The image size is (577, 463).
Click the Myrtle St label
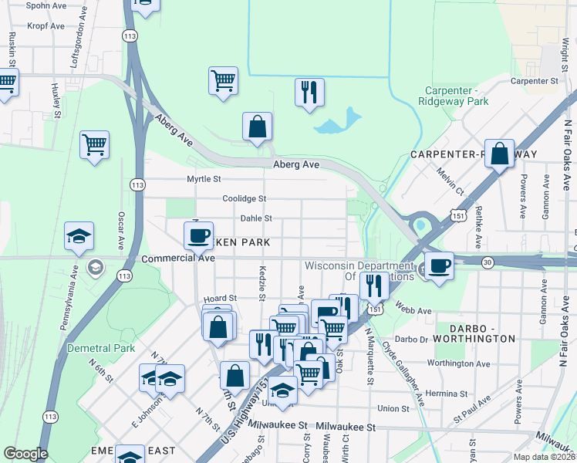pyautogui.click(x=204, y=179)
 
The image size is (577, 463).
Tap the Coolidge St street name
pyautogui.click(x=244, y=198)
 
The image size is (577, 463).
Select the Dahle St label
pyautogui.click(x=256, y=218)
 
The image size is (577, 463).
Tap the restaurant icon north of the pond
pyautogui.click(x=309, y=93)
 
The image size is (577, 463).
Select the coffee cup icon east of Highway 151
pyautogui.click(x=439, y=266)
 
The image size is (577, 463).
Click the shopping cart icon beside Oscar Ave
pyautogui.click(x=94, y=144)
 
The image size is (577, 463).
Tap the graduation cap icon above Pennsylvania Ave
pyautogui.click(x=79, y=236)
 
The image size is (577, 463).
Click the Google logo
pyautogui.click(x=25, y=454)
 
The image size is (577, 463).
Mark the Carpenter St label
pyautogui.click(x=534, y=80)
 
